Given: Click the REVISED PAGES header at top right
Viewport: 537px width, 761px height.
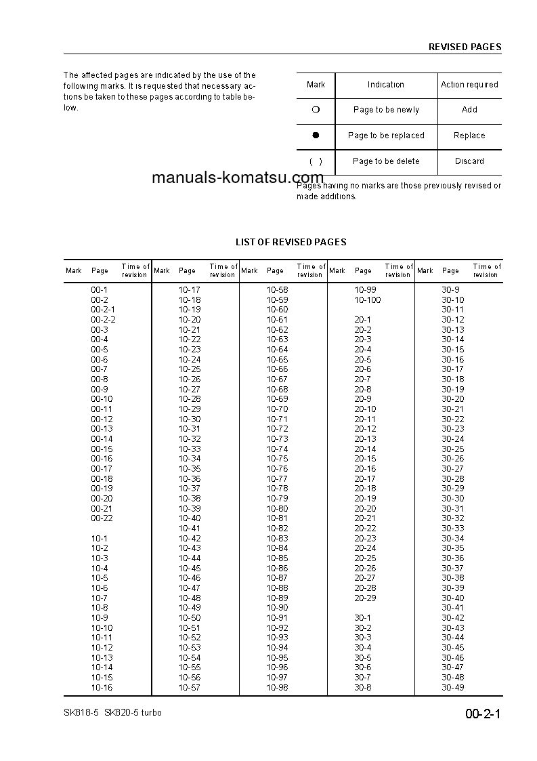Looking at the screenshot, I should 465,47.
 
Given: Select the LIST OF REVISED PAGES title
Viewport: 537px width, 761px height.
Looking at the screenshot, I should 291,242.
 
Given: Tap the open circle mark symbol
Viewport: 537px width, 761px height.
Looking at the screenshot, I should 316,110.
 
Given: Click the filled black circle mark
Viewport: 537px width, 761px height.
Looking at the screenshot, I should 316,136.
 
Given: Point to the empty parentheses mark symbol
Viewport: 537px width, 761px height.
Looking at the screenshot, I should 316,161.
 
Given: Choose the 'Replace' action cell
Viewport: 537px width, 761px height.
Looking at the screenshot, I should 469,136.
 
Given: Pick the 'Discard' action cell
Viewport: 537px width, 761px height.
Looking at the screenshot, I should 469,161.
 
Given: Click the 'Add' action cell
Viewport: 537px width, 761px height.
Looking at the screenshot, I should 469,110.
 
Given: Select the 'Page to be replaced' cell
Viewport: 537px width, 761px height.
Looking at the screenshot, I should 386,136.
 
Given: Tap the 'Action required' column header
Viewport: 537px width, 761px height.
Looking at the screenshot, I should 469,85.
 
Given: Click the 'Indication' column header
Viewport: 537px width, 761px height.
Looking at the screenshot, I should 386,85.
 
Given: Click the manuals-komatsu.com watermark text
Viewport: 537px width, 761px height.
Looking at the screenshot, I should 238,178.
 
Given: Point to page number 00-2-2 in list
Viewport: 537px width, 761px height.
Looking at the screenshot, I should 103,319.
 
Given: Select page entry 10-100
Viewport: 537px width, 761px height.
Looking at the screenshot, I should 367,300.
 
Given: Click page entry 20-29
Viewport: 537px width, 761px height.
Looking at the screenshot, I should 365,598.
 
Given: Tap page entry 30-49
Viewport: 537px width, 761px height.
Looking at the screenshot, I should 453,688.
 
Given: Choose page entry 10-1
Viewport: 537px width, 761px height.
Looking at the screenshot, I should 100,538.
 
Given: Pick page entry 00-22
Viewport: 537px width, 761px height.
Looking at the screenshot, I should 102,518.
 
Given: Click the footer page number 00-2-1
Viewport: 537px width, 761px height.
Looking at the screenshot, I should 482,714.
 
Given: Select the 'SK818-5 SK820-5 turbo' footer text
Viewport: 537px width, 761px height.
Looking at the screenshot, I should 112,713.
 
